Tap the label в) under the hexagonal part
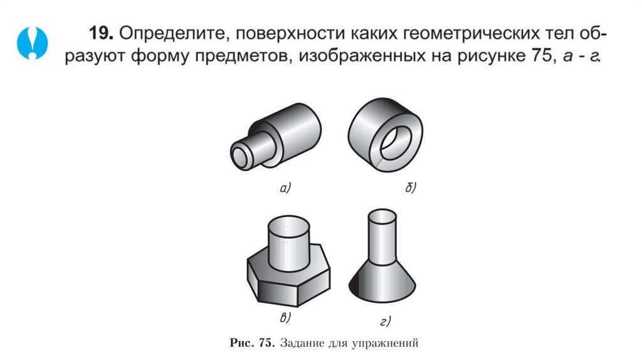(x=285, y=318)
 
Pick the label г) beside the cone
(x=385, y=322)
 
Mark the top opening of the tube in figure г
(x=381, y=216)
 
